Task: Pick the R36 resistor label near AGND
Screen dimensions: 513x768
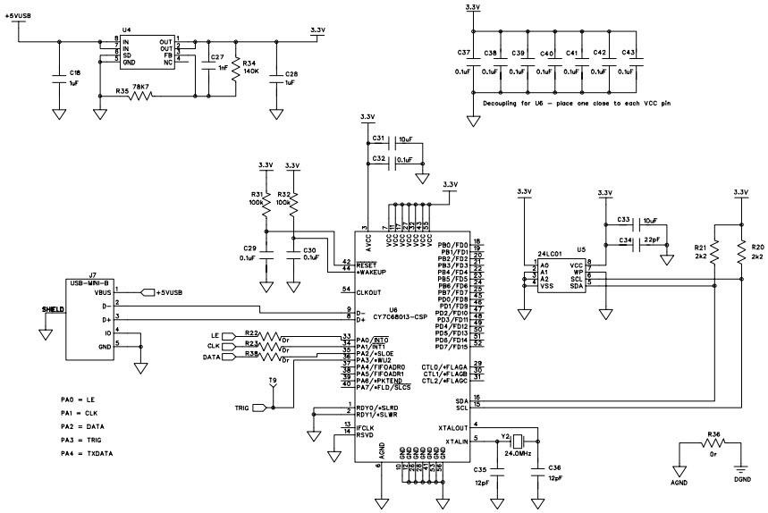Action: pyautogui.click(x=713, y=435)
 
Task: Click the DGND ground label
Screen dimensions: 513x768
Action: pyautogui.click(x=743, y=481)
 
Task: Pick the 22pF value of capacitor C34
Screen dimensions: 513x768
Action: pyautogui.click(x=653, y=240)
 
